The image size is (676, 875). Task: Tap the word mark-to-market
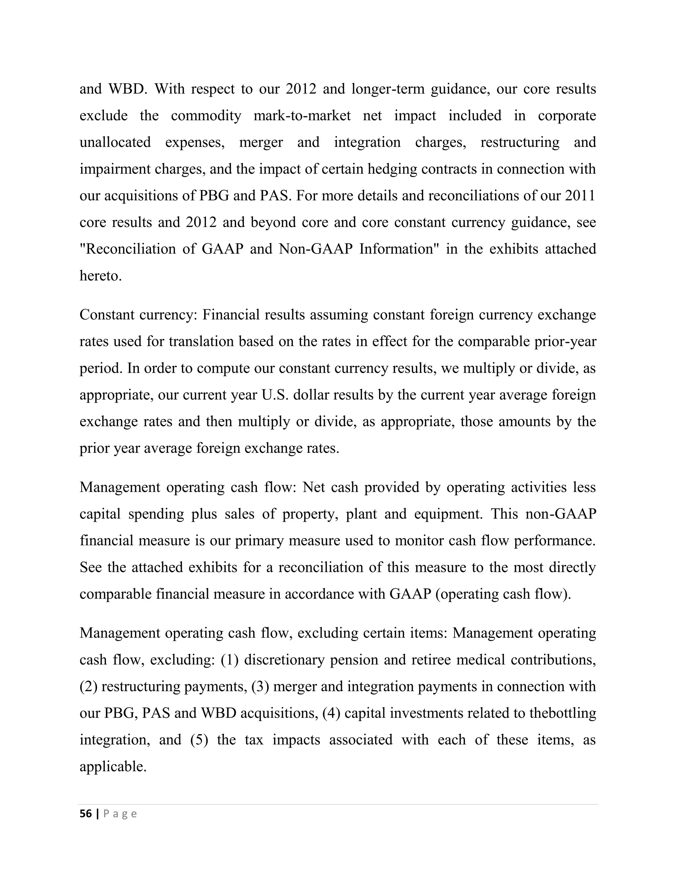(302, 116)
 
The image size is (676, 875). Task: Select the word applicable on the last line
(113, 766)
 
